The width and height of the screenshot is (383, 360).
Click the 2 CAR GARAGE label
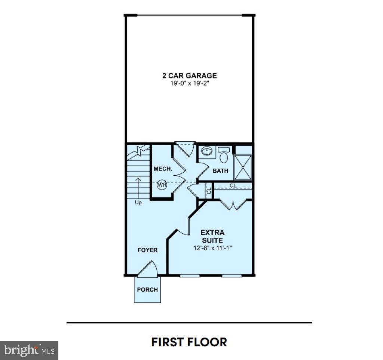[189, 76]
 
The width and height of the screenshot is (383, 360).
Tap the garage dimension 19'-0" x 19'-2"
[189, 84]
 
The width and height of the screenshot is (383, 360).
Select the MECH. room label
[163, 169]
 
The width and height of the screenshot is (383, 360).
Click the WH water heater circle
[161, 184]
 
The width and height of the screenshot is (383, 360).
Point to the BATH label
[220, 171]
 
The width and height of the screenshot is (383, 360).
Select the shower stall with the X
[243, 167]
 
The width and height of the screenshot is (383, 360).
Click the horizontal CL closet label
[233, 185]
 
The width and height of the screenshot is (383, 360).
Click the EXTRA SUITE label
[212, 236]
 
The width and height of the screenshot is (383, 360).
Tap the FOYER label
[147, 250]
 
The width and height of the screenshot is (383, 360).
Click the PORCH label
[147, 289]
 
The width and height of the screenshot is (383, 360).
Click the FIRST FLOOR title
[189, 342]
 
